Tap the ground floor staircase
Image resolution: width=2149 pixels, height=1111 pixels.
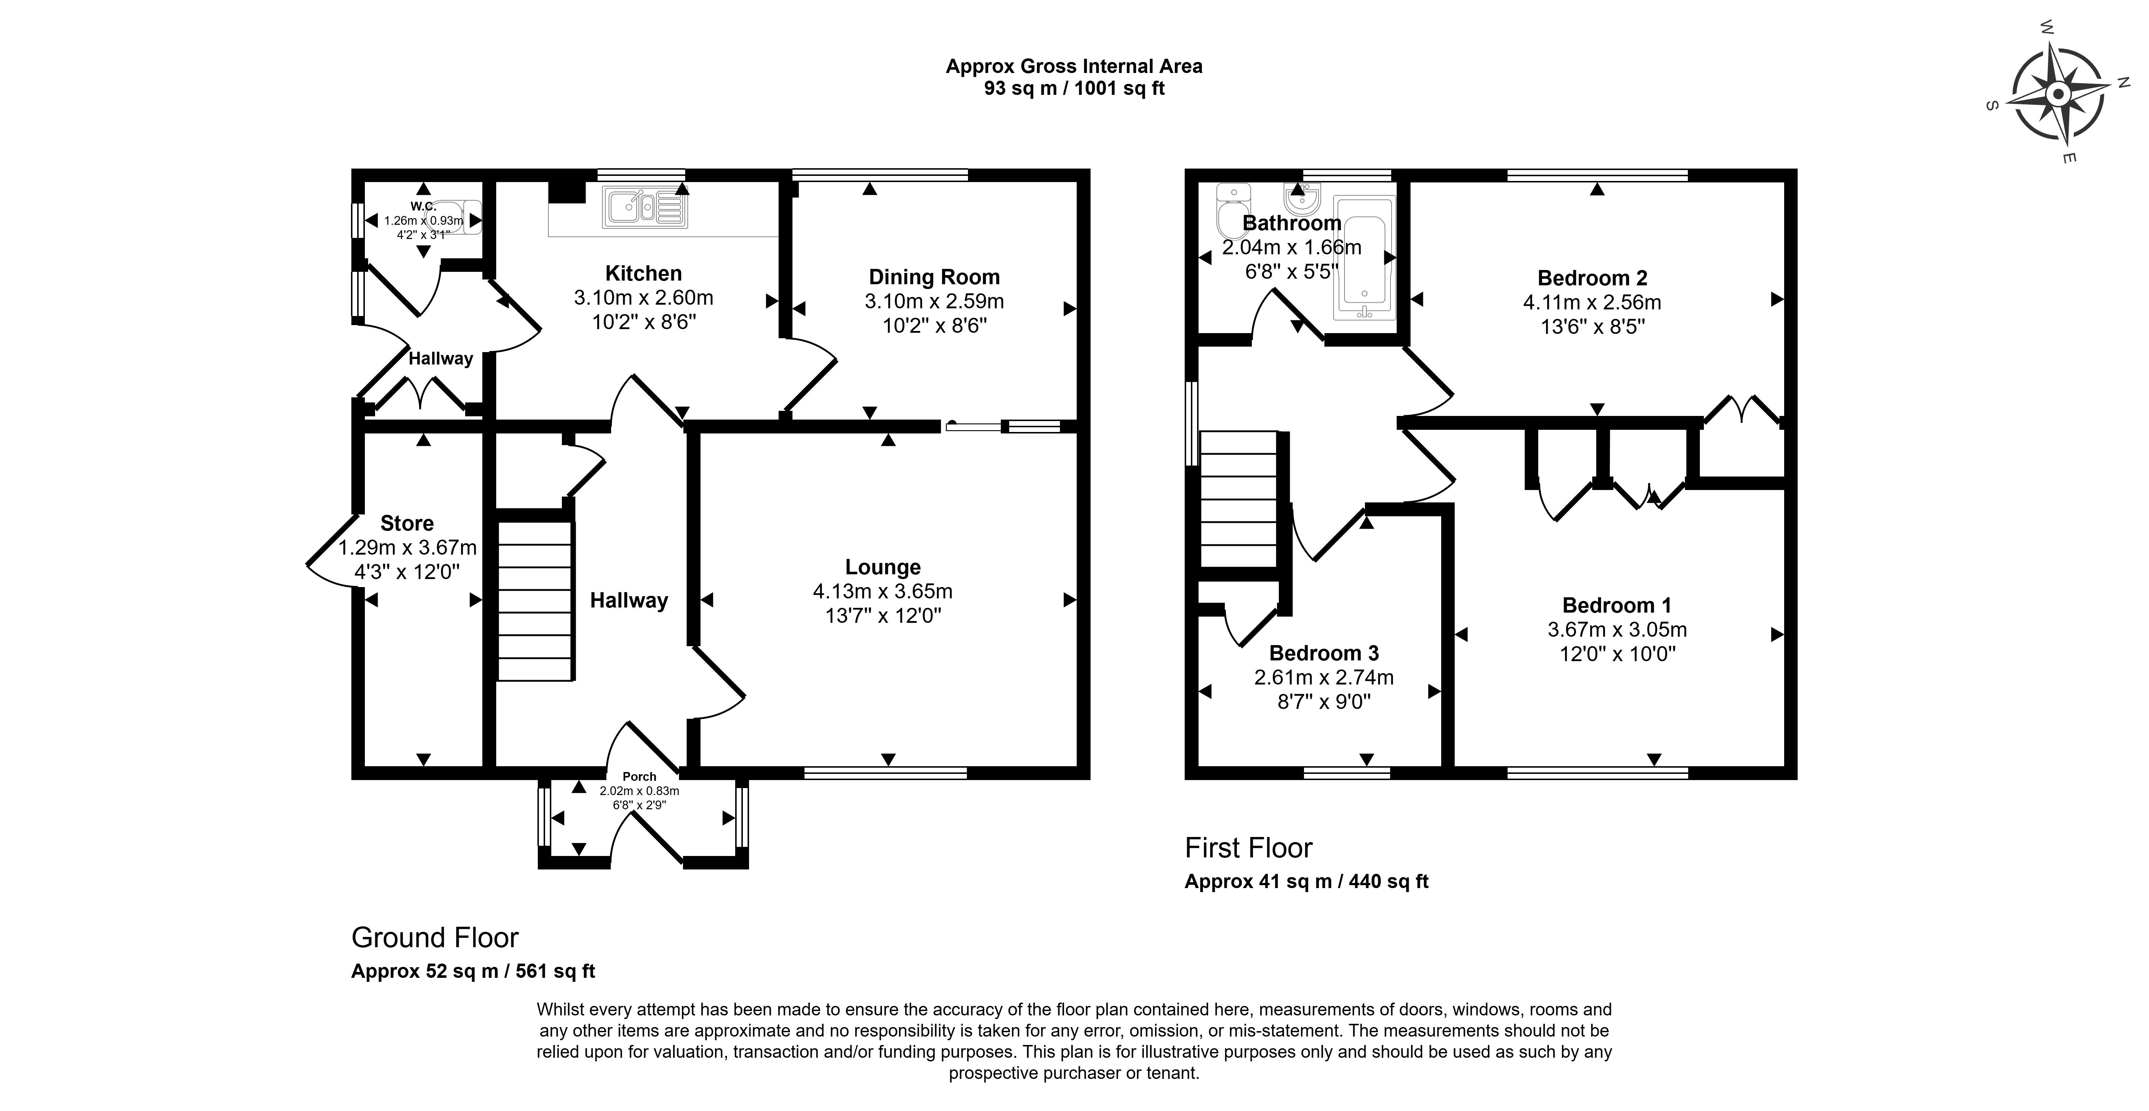tap(535, 601)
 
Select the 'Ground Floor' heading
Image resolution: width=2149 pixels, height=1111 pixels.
tap(435, 938)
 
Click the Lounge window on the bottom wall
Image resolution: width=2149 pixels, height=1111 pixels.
tap(885, 773)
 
